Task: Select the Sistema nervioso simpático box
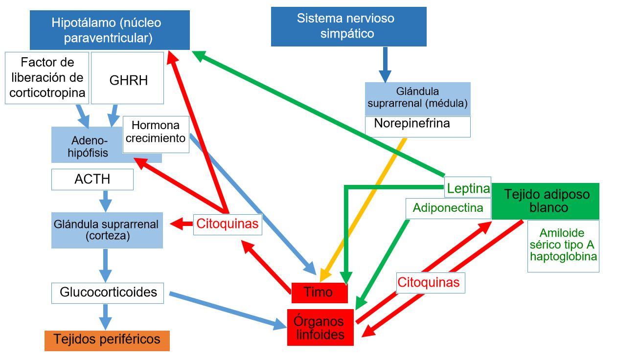coord(348,26)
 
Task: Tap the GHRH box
coord(128,78)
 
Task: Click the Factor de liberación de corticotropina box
coord(47,78)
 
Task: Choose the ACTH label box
coord(92,180)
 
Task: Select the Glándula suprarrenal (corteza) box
coord(107,230)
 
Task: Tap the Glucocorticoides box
coord(108,292)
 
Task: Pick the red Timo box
coord(319,292)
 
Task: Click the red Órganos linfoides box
coord(320,327)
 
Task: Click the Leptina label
coord(468,188)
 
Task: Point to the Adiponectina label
coord(448,208)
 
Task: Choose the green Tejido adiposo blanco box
coord(545,201)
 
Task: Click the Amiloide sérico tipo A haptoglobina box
coord(563,246)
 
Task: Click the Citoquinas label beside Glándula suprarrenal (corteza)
coord(227,225)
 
